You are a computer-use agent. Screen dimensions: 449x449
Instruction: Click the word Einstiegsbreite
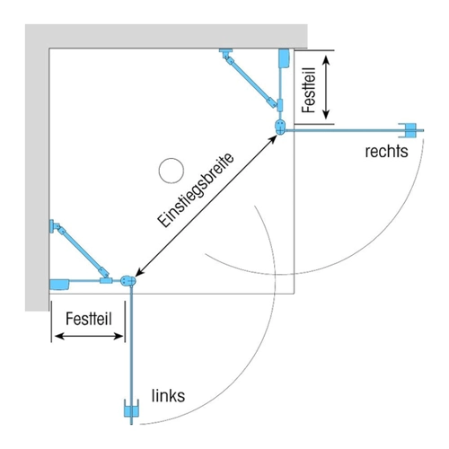coord(196,190)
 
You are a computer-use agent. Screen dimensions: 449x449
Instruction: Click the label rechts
coord(386,152)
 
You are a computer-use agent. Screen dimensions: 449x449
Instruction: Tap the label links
coord(168,396)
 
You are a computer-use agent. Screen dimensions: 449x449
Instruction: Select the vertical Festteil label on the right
coord(309,90)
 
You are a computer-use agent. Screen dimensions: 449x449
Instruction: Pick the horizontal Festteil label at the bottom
coord(89,319)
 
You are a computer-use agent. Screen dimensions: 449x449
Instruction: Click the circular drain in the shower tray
coord(172,171)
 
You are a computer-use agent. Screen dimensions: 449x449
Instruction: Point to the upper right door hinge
coord(280,127)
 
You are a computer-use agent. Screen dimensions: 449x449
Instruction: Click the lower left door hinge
coord(128,281)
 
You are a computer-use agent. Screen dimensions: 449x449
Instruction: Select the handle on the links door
coord(131,408)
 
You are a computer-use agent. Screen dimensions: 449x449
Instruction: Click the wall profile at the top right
coord(284,58)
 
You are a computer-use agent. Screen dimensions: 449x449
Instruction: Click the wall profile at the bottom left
coord(59,285)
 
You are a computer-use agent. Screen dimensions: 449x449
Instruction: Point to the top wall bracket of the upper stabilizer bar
coord(225,51)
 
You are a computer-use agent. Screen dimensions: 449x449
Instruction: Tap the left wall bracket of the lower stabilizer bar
coord(52,226)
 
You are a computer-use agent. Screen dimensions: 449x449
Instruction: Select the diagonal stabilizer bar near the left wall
coord(81,251)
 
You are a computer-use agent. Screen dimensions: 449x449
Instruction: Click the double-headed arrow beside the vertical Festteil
coord(326,87)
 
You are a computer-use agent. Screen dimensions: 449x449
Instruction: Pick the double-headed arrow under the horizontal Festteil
coord(89,337)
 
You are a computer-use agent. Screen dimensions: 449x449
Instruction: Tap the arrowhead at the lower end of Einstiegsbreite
coord(140,271)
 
